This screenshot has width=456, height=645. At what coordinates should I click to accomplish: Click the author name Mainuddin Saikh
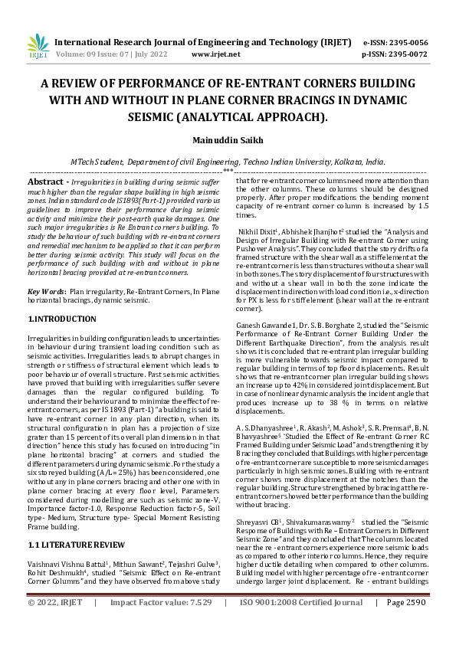(228, 141)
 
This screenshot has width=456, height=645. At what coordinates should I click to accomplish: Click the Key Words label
(46, 293)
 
